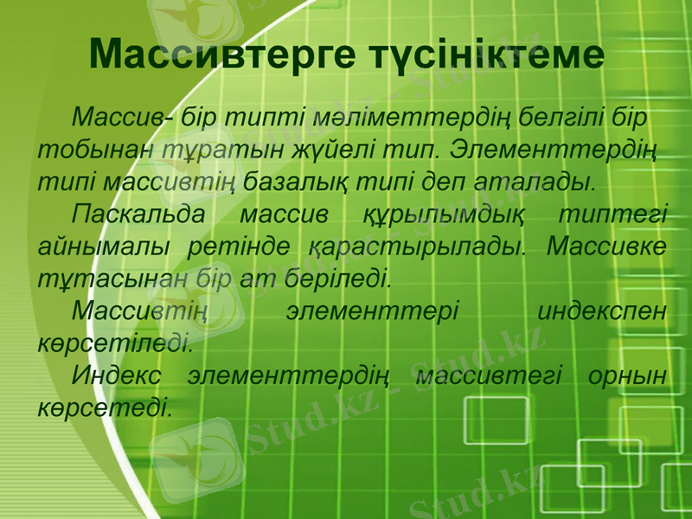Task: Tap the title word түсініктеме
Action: [484, 54]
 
